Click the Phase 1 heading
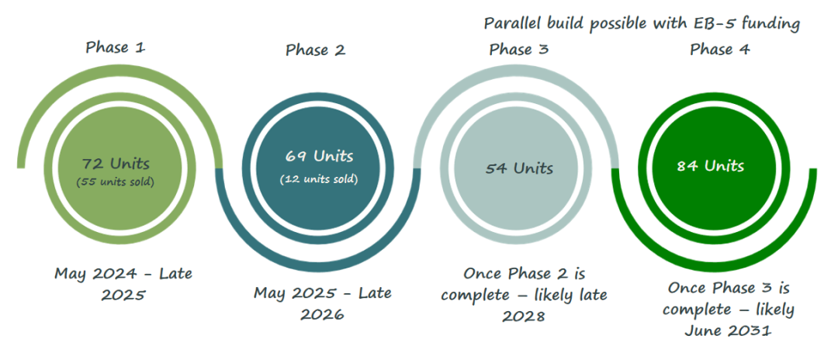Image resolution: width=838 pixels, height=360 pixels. coord(116,47)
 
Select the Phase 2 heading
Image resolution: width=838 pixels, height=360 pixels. coord(315,50)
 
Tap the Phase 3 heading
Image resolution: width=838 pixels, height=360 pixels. coord(519,50)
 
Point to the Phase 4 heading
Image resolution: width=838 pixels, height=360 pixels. coord(720,50)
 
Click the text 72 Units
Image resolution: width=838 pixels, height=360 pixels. coord(116,163)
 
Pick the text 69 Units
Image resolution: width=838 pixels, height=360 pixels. coord(319,156)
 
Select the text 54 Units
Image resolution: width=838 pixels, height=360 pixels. coord(519,169)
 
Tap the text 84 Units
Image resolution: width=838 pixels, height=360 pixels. coord(710,166)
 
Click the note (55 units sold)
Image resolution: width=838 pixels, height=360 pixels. coord(116,182)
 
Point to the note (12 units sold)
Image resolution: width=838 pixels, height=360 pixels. coord(319,179)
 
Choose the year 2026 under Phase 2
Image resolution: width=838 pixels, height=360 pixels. coord(322,313)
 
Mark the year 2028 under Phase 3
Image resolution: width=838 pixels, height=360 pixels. coord(524,315)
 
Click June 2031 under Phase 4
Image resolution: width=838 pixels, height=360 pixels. coord(728,331)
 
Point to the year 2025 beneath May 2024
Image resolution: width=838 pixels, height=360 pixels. coord(123,295)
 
